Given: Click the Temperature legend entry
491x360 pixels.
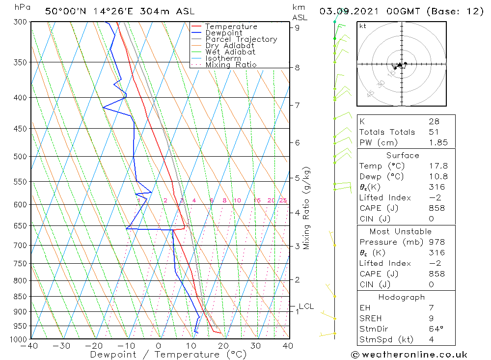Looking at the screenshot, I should pos(231,27).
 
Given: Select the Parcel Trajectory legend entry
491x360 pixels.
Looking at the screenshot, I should pos(241,39).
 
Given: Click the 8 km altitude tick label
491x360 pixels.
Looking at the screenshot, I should pos(298,68).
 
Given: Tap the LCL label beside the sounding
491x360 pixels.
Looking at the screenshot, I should pos(306,306).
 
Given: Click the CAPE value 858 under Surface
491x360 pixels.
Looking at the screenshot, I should pos(436,208).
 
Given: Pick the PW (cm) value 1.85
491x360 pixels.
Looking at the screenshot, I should pos(438,142).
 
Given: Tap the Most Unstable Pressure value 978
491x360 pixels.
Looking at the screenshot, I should pos(436,242).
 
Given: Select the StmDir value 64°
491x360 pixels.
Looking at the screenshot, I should pos(436,329).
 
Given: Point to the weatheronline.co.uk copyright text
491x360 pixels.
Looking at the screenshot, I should pos(409,355).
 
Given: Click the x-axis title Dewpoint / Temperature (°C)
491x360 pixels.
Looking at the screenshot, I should pos(168,354).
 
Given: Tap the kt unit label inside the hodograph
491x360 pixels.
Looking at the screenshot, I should pos(363,26).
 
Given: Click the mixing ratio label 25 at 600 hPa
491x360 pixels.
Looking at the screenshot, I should pos(283,200).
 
